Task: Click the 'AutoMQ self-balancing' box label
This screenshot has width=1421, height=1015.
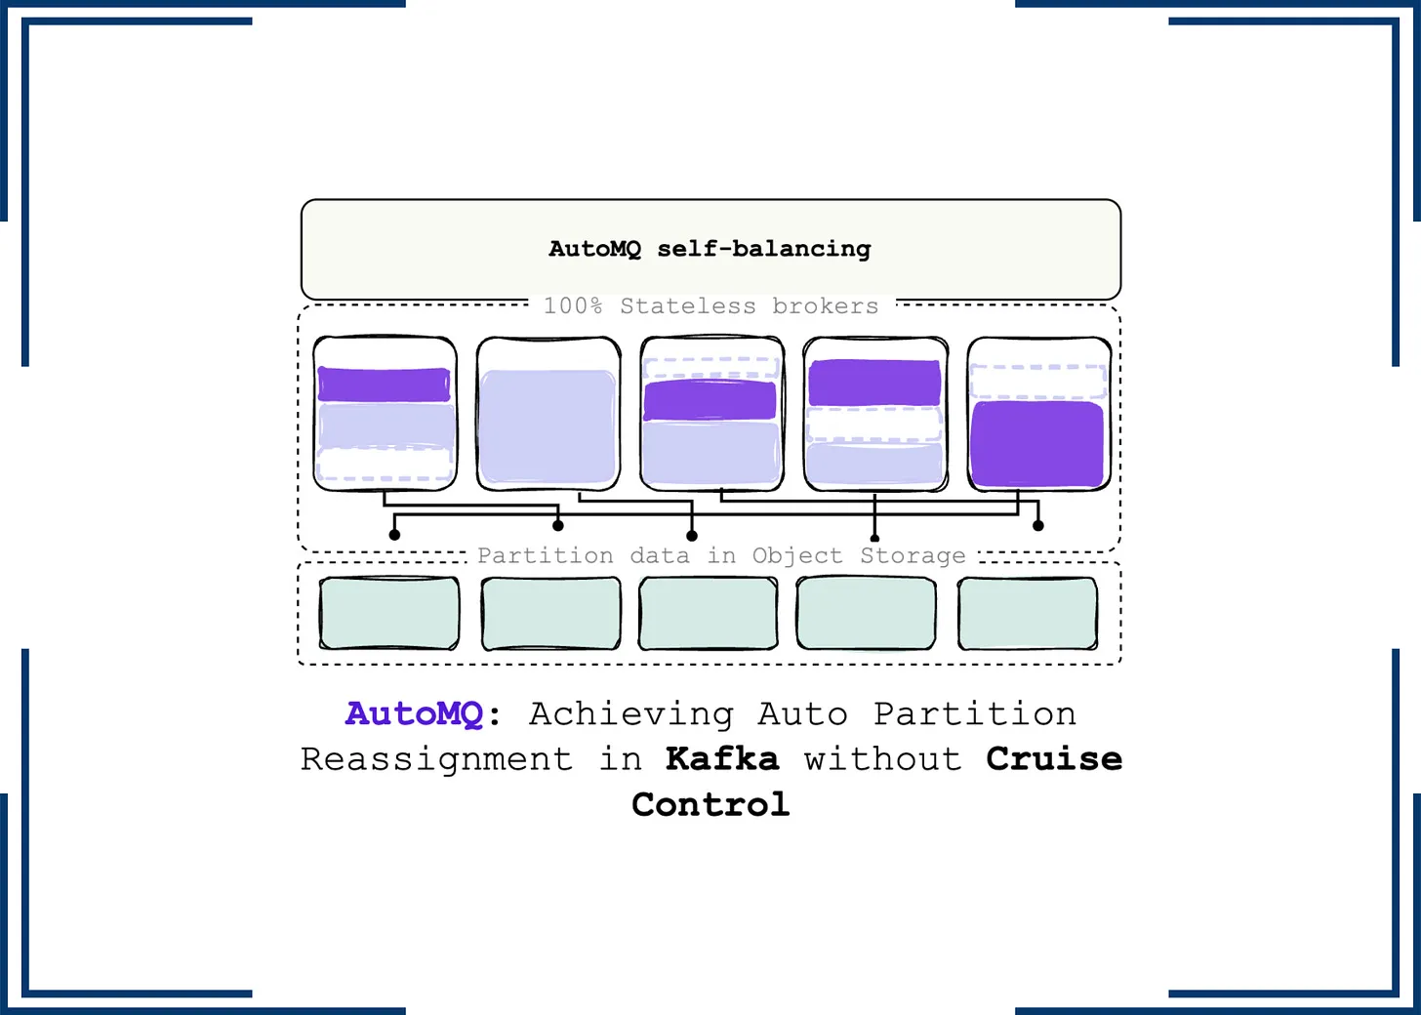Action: (x=710, y=249)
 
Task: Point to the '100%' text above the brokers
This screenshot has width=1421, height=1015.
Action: (x=572, y=306)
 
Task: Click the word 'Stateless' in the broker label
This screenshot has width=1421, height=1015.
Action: (x=687, y=306)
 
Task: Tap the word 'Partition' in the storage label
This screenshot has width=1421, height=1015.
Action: (x=545, y=555)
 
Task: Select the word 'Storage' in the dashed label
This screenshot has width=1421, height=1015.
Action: (x=913, y=555)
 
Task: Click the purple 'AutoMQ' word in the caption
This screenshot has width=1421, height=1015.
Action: (x=414, y=713)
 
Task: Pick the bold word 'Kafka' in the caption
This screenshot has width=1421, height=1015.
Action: (x=722, y=758)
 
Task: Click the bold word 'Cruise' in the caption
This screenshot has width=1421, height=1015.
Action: (x=1054, y=758)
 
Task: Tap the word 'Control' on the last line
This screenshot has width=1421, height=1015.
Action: (x=710, y=804)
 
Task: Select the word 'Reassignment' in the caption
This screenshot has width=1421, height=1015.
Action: (x=436, y=758)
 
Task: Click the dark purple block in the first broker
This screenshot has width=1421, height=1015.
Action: (x=385, y=384)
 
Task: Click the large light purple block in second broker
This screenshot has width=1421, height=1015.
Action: (x=548, y=426)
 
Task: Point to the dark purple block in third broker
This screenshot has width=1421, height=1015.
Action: (x=710, y=400)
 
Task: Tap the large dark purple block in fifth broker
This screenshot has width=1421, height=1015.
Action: (x=1037, y=443)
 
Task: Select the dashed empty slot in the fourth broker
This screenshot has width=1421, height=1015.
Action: (x=874, y=424)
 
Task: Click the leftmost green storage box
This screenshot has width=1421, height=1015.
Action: (x=389, y=613)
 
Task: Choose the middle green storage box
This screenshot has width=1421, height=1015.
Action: (x=709, y=613)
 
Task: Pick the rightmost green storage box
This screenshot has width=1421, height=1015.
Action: (x=1028, y=613)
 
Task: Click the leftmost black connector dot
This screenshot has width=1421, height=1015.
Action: (x=394, y=535)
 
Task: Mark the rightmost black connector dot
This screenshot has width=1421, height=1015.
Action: (x=1038, y=525)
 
